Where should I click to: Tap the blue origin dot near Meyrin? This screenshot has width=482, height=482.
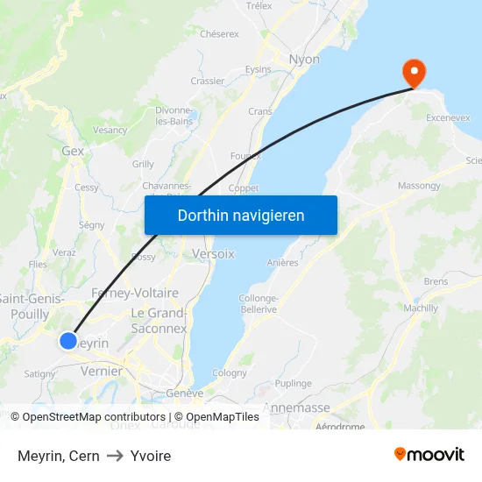(x=68, y=341)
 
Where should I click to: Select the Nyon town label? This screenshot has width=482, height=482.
(x=304, y=60)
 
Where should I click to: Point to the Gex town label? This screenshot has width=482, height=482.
(x=73, y=151)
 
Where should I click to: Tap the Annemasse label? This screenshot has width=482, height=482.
(x=296, y=408)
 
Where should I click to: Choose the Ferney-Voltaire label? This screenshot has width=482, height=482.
(x=135, y=293)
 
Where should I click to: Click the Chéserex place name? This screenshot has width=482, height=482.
(x=219, y=34)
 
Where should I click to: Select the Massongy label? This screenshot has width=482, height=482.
(x=419, y=186)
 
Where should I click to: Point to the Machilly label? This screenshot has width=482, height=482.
(x=421, y=308)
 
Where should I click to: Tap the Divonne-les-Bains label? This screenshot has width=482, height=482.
(x=174, y=116)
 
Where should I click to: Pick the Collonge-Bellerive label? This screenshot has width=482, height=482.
(x=258, y=303)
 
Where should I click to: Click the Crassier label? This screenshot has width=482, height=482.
(x=208, y=81)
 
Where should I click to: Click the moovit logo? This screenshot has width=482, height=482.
(x=429, y=454)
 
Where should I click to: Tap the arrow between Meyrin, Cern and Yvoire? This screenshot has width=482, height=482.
(x=115, y=456)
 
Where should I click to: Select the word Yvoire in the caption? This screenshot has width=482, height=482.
(x=151, y=456)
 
